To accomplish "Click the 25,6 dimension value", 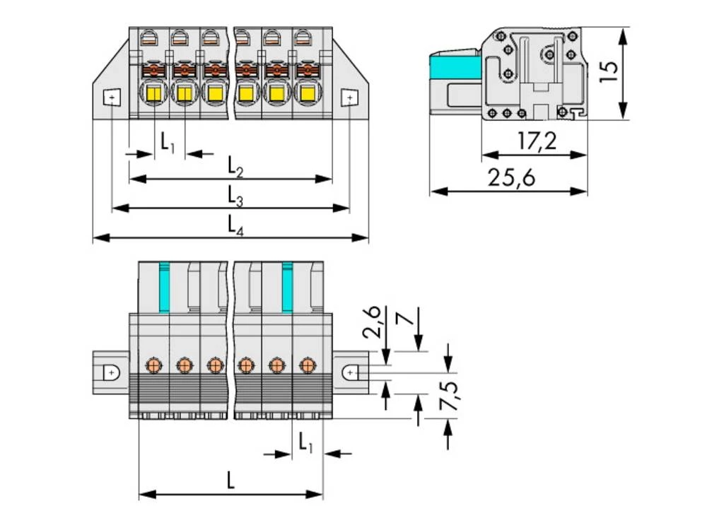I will pyautogui.click(x=510, y=178).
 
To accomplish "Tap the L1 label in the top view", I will pyautogui.click(x=167, y=142).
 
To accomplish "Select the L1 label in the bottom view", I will pyautogui.click(x=305, y=443).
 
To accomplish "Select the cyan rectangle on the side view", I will pyautogui.click(x=455, y=69).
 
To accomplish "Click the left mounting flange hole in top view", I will pyautogui.click(x=112, y=97).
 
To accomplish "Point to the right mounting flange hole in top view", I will pyautogui.click(x=349, y=97).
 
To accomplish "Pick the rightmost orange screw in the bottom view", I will pyautogui.click(x=307, y=365).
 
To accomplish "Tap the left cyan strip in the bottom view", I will pyautogui.click(x=165, y=286).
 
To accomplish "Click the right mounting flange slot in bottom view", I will pyautogui.click(x=351, y=372).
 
